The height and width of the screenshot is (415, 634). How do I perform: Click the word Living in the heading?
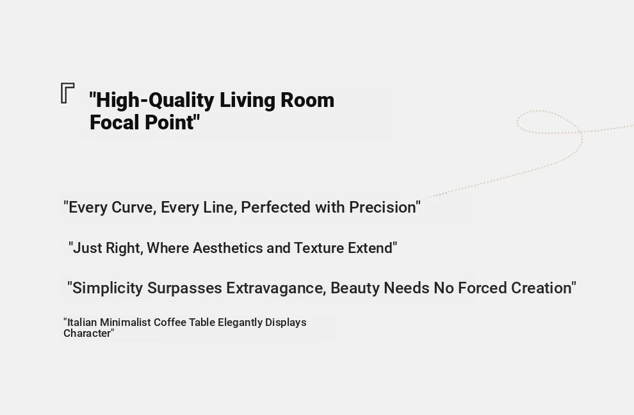tap(247, 101)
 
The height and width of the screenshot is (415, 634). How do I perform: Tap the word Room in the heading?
tap(307, 100)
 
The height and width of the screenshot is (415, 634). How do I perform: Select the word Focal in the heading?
tap(115, 122)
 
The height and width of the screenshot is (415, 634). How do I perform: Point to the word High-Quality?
tap(152, 101)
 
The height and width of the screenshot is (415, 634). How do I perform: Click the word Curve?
tap(134, 207)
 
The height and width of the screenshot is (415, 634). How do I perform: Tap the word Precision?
tap(384, 207)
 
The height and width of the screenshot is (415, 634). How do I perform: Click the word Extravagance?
tap(276, 288)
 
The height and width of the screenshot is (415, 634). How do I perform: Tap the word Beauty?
tap(355, 288)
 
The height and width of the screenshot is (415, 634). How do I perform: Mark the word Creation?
tap(544, 288)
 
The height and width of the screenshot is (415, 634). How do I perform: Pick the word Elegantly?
tap(240, 323)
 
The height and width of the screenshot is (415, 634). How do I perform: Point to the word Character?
tap(88, 333)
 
